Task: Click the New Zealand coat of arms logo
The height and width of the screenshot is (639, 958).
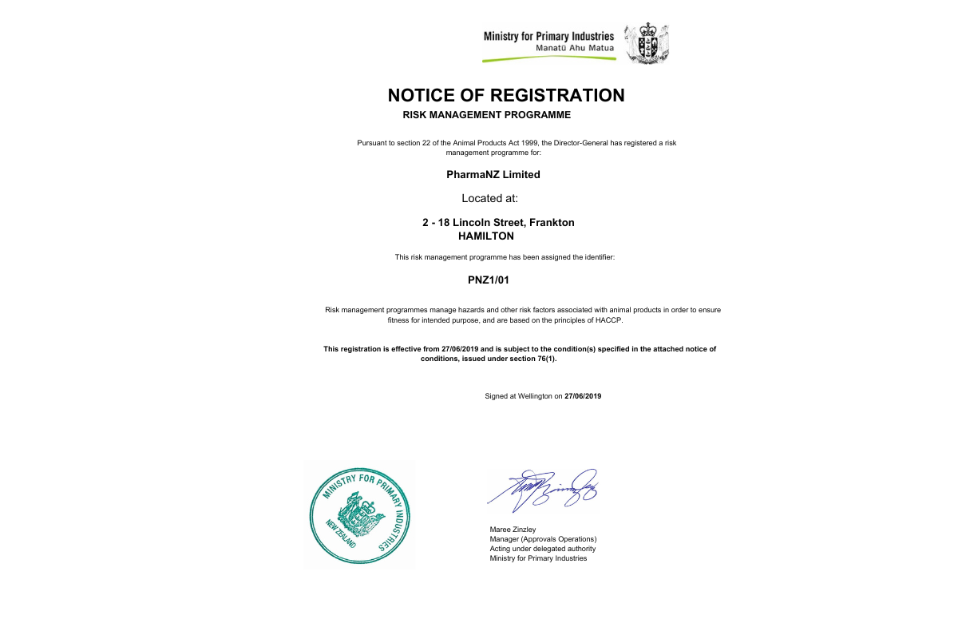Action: (x=646, y=43)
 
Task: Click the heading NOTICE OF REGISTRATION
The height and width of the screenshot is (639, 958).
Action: (x=506, y=95)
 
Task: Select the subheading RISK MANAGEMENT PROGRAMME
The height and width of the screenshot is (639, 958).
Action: (x=487, y=115)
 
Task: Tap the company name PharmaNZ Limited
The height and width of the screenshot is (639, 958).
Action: (x=493, y=174)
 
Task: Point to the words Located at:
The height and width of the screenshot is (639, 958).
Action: (x=490, y=198)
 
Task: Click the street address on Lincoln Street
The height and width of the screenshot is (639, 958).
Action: (x=498, y=222)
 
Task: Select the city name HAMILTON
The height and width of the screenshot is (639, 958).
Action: (x=486, y=236)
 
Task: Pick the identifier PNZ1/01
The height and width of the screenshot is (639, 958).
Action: (x=488, y=280)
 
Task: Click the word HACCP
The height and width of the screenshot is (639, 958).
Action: (x=608, y=320)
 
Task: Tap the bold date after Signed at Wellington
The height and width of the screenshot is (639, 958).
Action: (x=583, y=396)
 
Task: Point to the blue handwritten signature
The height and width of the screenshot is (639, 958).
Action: (x=543, y=489)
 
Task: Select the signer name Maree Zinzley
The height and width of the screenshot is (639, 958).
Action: (x=513, y=529)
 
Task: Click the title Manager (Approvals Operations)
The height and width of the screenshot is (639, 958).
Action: (x=543, y=539)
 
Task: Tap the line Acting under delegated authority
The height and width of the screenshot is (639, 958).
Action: (x=542, y=549)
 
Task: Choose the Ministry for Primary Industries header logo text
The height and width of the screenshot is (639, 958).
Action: (x=548, y=36)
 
